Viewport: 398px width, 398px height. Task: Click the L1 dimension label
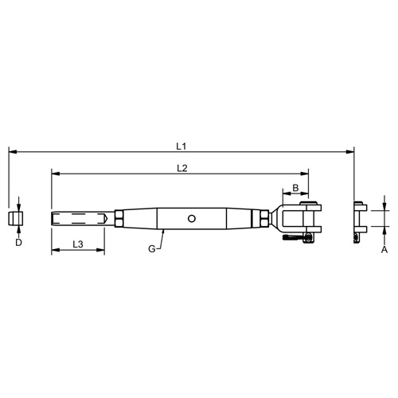click(x=181, y=146)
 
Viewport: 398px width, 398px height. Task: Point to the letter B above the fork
click(x=295, y=188)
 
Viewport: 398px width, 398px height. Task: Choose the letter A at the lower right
click(x=384, y=248)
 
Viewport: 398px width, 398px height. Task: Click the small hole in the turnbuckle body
click(x=192, y=217)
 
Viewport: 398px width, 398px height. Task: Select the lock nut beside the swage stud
click(x=118, y=217)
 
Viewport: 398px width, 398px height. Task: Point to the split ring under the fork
click(x=298, y=237)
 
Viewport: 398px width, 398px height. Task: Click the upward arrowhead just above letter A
click(x=384, y=232)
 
